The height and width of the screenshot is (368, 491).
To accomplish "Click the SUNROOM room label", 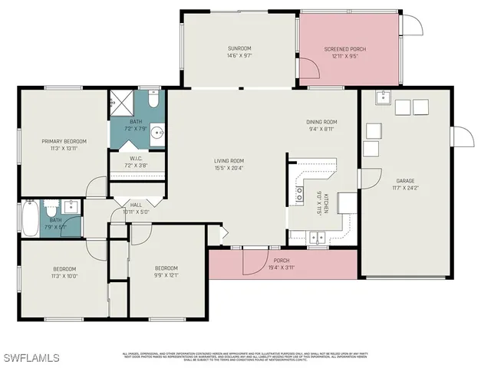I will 239,48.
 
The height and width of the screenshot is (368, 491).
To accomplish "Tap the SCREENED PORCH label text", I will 344,49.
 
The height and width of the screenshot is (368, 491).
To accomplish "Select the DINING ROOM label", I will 321,122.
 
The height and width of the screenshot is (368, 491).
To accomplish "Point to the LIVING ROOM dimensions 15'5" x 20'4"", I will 229,168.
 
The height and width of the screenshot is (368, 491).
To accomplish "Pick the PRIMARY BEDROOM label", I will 64,141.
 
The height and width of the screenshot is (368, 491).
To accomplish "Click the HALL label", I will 136,205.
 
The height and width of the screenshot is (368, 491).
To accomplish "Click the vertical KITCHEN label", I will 325,205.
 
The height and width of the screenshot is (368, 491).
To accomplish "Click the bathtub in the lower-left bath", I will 30,219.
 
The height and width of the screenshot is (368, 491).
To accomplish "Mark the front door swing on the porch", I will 254,264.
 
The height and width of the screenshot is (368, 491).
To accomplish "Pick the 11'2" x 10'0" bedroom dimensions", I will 64,276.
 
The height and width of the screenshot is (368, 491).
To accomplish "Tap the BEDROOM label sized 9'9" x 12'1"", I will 166,268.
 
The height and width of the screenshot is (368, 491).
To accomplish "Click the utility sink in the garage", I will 381,97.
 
